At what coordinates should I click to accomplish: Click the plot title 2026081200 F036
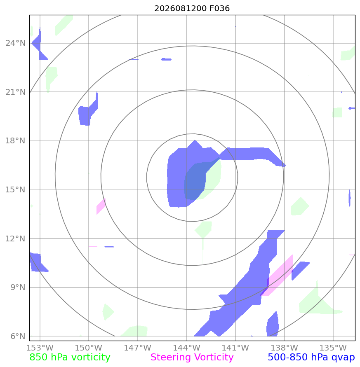(x=192, y=8)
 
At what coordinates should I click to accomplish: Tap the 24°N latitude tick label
(x=16, y=43)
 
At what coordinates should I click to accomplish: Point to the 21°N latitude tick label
(x=16, y=92)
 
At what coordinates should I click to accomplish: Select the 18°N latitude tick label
(x=16, y=141)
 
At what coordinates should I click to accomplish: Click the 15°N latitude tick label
(x=16, y=189)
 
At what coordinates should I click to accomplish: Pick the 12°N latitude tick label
(x=16, y=238)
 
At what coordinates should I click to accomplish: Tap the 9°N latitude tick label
(x=18, y=287)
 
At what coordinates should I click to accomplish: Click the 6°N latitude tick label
(x=18, y=336)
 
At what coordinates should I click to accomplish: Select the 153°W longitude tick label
(x=40, y=348)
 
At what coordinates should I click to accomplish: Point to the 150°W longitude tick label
(x=89, y=348)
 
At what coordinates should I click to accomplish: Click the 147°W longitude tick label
(x=138, y=348)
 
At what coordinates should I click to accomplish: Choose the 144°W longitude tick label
(x=186, y=348)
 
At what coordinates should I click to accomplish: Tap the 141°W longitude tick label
(x=235, y=348)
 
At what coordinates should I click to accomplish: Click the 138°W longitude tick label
(x=284, y=348)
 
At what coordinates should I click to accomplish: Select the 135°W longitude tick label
(x=333, y=348)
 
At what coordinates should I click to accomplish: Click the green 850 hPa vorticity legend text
(x=70, y=358)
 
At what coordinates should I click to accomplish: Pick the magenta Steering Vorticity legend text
(x=192, y=358)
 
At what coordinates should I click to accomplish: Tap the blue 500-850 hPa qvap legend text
(x=311, y=358)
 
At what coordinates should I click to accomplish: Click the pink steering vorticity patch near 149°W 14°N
(x=101, y=206)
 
